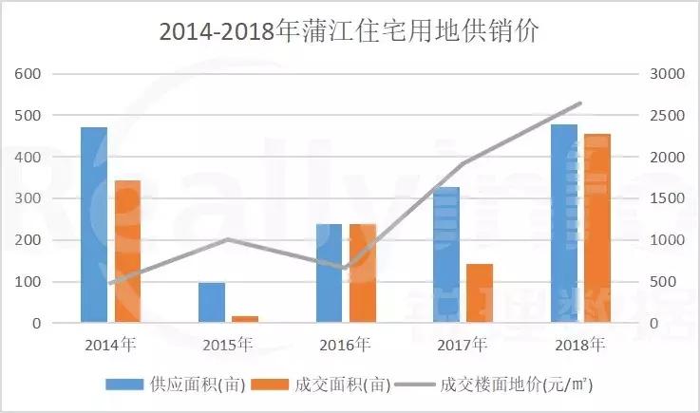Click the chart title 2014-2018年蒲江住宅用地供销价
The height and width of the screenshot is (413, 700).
(x=349, y=31)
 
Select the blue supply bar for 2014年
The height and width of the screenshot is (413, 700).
(x=94, y=225)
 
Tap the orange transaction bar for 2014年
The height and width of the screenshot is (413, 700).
(x=127, y=252)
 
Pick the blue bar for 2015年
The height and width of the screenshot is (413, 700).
(x=212, y=303)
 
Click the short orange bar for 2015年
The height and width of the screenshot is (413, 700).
(x=245, y=319)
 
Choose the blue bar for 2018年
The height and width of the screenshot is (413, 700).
(x=564, y=223)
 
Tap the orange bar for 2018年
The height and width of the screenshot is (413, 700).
(x=597, y=229)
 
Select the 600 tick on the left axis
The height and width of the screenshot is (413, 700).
(x=29, y=74)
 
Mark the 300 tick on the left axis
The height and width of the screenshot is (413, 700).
(x=29, y=198)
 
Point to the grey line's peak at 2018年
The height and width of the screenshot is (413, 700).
(x=580, y=103)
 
